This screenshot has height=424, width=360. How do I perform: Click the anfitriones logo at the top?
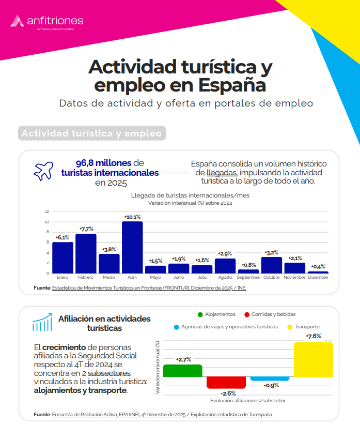(x=46, y=21)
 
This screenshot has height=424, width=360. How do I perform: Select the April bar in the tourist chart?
(x=132, y=247)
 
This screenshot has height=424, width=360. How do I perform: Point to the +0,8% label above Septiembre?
(x=248, y=265)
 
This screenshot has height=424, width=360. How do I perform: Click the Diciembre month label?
(x=318, y=278)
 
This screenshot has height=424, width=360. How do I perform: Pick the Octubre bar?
(x=271, y=265)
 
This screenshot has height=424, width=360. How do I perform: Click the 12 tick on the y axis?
(x=47, y=212)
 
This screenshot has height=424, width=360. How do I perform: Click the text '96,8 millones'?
(x=103, y=162)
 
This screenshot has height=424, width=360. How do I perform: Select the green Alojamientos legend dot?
(x=200, y=314)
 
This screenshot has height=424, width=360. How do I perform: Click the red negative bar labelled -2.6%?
(x=226, y=382)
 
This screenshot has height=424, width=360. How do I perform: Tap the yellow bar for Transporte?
(x=313, y=359)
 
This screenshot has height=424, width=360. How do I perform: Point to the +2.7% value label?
(x=183, y=359)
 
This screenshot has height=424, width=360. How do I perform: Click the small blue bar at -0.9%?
(x=270, y=378)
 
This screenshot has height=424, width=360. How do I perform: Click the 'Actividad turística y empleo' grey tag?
(x=92, y=133)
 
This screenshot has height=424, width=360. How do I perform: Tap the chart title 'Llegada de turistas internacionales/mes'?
(x=190, y=196)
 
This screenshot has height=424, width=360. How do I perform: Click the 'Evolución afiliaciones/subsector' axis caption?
(x=248, y=401)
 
